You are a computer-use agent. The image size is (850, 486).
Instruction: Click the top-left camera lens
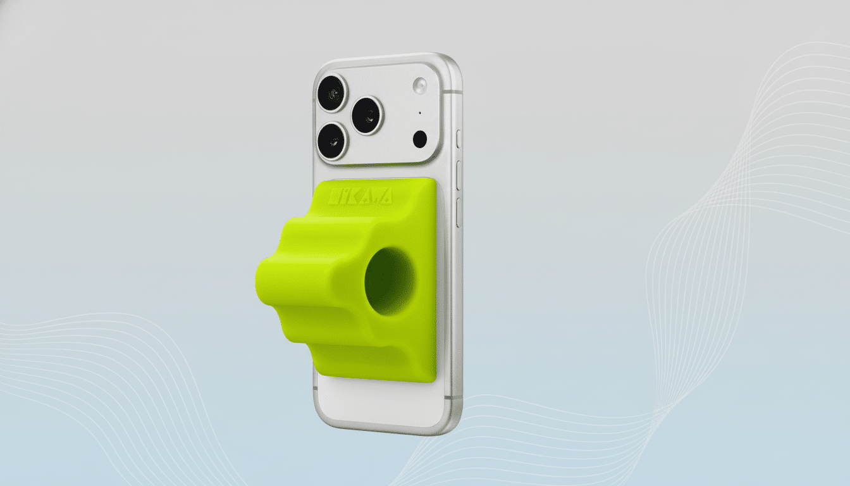click(x=331, y=93)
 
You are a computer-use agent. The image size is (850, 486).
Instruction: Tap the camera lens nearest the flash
click(x=367, y=115)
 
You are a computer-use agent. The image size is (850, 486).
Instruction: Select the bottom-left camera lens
click(x=332, y=140)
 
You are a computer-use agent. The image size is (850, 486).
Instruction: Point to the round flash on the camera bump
click(x=420, y=85)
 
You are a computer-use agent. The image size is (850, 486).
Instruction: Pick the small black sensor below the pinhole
click(x=419, y=139)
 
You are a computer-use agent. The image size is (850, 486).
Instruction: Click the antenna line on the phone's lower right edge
click(x=450, y=397)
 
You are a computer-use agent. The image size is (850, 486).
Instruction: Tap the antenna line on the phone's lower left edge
click(x=315, y=388)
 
